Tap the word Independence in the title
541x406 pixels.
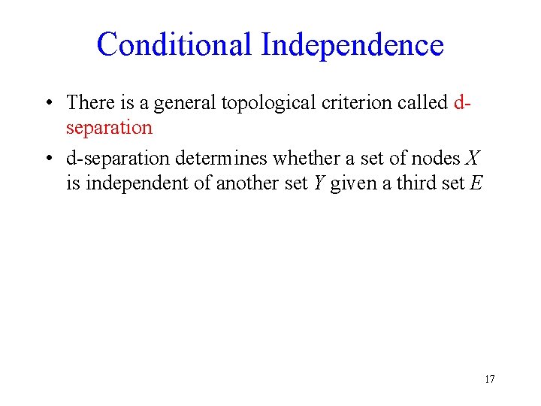pos(352,44)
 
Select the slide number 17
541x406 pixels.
pos(489,379)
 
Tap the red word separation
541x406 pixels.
pos(109,128)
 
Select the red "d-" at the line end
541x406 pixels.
pos(462,102)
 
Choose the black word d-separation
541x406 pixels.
pos(119,158)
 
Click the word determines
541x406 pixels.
pos(222,158)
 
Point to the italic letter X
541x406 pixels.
pos(473,158)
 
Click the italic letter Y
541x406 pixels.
pos(318,183)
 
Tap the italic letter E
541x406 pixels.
pos(475,183)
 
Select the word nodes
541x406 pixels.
pos(437,158)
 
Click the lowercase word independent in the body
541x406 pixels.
pos(128,183)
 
